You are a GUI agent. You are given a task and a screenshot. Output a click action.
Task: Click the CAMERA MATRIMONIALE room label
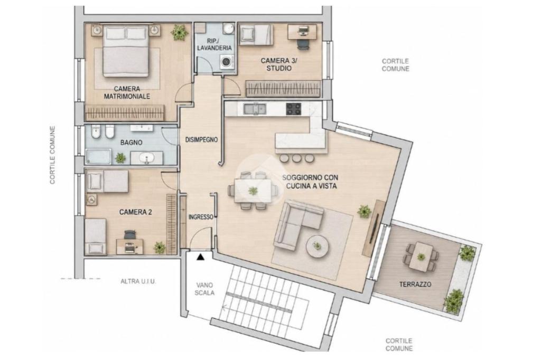127,93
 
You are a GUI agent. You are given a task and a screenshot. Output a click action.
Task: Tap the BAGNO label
131,142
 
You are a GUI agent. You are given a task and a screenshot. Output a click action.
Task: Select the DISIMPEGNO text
201,140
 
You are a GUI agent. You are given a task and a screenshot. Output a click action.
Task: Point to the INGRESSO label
201,217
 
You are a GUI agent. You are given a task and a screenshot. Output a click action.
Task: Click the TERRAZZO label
415,285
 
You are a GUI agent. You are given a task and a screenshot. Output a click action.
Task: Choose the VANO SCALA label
204,289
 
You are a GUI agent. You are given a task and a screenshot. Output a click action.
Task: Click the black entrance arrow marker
200,257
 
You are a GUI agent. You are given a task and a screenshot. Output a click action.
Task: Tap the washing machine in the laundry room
227,62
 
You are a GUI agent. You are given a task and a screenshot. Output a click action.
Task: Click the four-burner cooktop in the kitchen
293,109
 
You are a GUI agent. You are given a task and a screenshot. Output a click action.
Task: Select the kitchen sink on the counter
255,109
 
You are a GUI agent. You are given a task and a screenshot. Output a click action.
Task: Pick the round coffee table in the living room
318,246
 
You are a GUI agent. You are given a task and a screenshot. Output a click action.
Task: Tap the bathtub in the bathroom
98,157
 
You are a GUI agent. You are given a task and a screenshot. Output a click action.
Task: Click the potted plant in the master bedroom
180,32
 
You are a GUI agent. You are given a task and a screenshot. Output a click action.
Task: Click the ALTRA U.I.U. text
138,281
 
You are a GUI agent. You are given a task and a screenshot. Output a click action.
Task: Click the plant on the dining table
253,191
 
